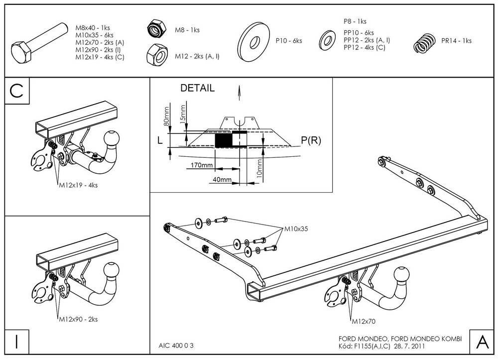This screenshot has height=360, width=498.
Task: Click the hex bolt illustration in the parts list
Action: pyautogui.click(x=39, y=43)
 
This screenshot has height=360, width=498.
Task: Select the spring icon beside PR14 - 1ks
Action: pyautogui.click(x=425, y=43)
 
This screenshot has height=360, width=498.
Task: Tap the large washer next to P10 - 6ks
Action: pyautogui.click(x=253, y=42)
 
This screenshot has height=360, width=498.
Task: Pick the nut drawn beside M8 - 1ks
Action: pyautogui.click(x=157, y=28)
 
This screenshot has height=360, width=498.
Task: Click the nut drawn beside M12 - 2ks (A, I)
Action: pyautogui.click(x=157, y=55)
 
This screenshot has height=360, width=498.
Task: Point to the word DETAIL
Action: pyautogui.click(x=197, y=88)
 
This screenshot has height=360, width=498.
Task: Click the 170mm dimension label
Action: pyautogui.click(x=201, y=165)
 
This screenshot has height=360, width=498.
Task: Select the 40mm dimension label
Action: pyautogui.click(x=222, y=179)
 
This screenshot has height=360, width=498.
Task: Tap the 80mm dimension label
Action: pyautogui.click(x=166, y=116)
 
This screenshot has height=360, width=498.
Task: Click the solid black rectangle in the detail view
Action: pyautogui.click(x=224, y=140)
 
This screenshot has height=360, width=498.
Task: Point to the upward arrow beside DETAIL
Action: pyautogui.click(x=239, y=93)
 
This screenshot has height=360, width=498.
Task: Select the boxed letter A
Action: pyautogui.click(x=482, y=342)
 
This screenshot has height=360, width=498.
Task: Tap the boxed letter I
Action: pyautogui.click(x=17, y=342)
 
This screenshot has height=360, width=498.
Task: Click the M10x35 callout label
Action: pyautogui.click(x=296, y=229)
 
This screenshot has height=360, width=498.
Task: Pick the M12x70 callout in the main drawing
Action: pyautogui.click(x=364, y=321)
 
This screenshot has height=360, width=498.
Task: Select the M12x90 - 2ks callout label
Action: pyautogui.click(x=79, y=319)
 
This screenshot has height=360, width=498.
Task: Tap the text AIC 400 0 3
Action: pyautogui.click(x=176, y=346)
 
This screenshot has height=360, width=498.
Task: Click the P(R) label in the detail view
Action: pyautogui.click(x=311, y=140)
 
